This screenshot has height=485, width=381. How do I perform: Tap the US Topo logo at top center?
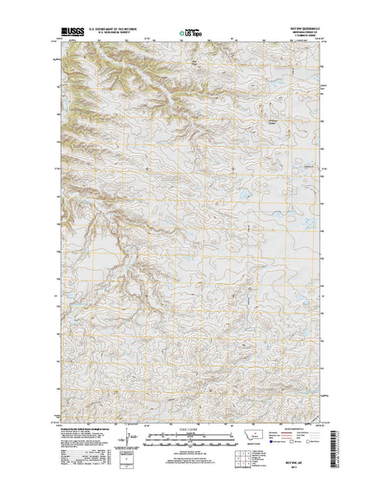pos(191,34)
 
